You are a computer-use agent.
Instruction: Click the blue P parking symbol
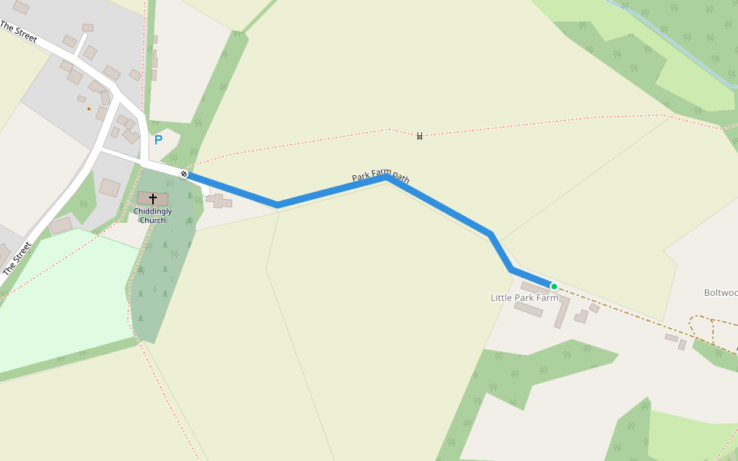pos(158,140)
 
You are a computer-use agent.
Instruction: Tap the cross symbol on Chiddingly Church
pos(153,199)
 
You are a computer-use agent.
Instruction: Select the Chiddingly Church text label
pos(153,215)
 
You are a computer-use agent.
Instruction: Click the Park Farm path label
pos(381,177)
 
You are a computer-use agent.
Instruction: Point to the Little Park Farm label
pos(524,297)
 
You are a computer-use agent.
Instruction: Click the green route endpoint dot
pos(553,287)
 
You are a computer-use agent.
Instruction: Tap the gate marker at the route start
pos(184,174)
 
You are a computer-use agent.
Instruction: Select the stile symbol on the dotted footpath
pos(420,136)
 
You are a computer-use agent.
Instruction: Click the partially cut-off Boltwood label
pos(720,293)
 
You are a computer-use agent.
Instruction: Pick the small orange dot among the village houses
pos(88,109)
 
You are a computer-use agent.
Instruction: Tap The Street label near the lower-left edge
pos(18,259)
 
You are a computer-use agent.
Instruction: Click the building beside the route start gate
pos(218,201)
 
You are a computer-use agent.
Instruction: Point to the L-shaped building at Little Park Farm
pos(562,310)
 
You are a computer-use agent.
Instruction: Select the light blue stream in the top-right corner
pos(676,46)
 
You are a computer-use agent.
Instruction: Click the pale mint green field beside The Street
pos(61,300)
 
